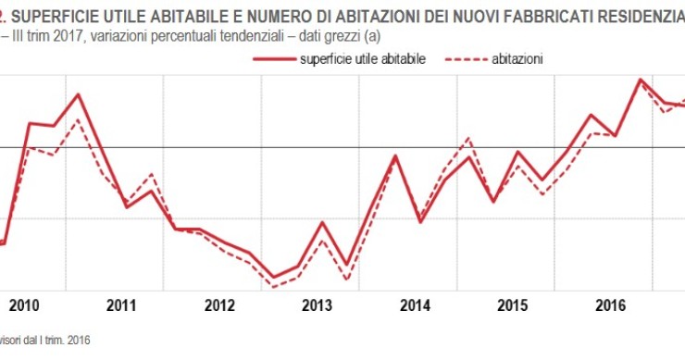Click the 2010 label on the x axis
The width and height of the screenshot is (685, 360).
[24, 305]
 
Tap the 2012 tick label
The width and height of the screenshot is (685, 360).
[219, 305]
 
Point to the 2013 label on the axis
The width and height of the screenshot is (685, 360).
[318, 305]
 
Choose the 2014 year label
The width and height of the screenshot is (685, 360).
[416, 305]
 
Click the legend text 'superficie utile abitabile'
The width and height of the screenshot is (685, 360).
[362, 58]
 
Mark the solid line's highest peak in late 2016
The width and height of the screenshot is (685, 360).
[641, 80]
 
